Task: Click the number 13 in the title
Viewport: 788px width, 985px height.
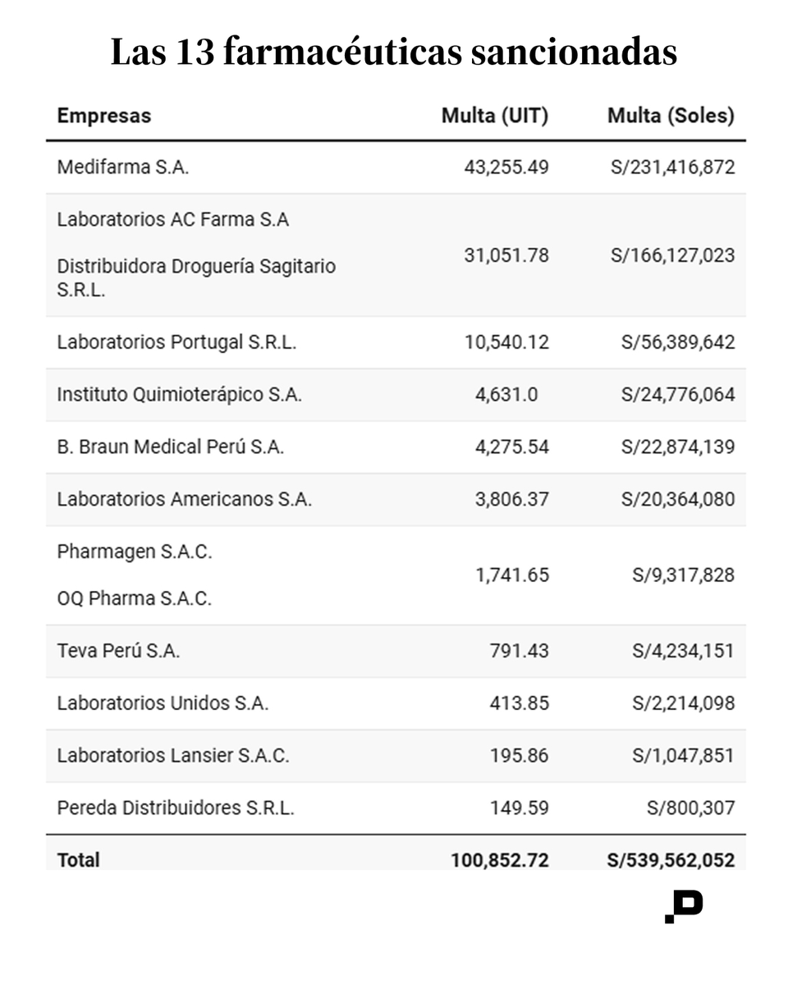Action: tap(195, 53)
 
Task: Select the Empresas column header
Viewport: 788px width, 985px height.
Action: tap(103, 116)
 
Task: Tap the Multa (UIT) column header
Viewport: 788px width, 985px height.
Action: tap(495, 116)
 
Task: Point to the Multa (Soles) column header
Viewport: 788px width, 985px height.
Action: tap(671, 116)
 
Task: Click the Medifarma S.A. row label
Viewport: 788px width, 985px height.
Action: tap(123, 167)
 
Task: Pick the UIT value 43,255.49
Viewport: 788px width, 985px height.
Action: tap(506, 167)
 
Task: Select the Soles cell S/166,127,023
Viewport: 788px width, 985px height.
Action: tap(672, 255)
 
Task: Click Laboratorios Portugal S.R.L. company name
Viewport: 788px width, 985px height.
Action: tap(176, 342)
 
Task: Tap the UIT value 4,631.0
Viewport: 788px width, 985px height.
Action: tap(506, 395)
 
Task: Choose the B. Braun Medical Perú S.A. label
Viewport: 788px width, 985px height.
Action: tap(171, 447)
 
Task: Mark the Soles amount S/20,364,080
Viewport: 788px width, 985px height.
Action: tap(678, 499)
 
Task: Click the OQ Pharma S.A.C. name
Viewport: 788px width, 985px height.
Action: tap(135, 598)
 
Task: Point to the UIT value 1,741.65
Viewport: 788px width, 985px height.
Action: tap(512, 575)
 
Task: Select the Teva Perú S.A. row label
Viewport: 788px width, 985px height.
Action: tap(118, 651)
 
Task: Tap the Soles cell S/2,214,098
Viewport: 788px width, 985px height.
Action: tap(683, 703)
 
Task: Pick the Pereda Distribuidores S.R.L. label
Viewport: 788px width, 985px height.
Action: tap(176, 808)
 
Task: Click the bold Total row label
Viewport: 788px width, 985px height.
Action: tap(78, 859)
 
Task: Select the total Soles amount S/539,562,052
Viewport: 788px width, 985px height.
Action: tap(671, 860)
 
